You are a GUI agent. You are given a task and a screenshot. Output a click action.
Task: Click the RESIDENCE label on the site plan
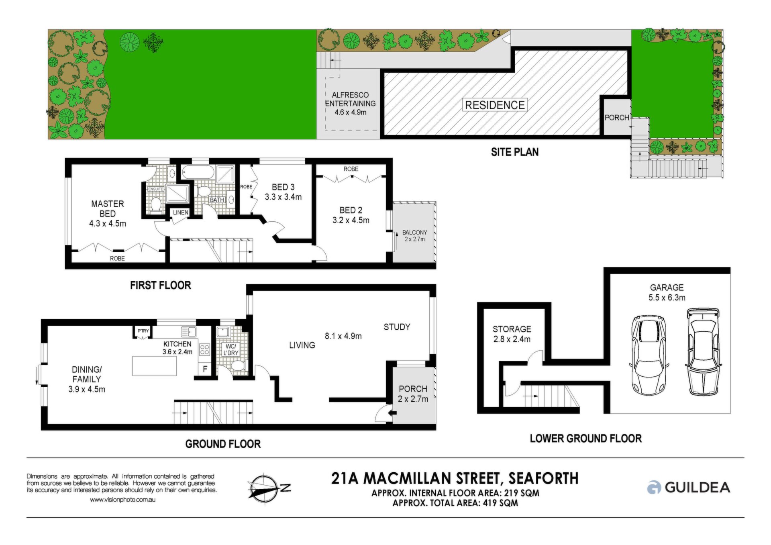(495, 105)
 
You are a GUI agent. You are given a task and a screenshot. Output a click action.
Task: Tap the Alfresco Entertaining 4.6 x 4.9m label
(350, 104)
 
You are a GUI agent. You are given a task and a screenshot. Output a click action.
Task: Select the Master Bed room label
(107, 214)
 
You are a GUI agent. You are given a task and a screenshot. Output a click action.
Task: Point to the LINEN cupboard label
(181, 212)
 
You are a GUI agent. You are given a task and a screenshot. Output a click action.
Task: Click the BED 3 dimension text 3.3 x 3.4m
(283, 197)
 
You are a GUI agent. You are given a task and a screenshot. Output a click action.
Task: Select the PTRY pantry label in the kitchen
(143, 331)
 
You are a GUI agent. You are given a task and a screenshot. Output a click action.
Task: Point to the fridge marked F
(205, 369)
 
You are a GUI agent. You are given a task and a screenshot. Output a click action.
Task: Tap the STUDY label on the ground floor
(397, 327)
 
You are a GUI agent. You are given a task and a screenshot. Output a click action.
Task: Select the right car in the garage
(703, 352)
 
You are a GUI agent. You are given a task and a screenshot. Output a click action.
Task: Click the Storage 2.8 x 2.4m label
(512, 334)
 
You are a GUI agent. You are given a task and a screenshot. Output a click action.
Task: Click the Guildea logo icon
(654, 487)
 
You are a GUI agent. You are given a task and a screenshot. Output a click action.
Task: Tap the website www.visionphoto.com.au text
(122, 500)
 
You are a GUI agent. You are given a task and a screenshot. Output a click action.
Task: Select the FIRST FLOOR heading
(160, 285)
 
